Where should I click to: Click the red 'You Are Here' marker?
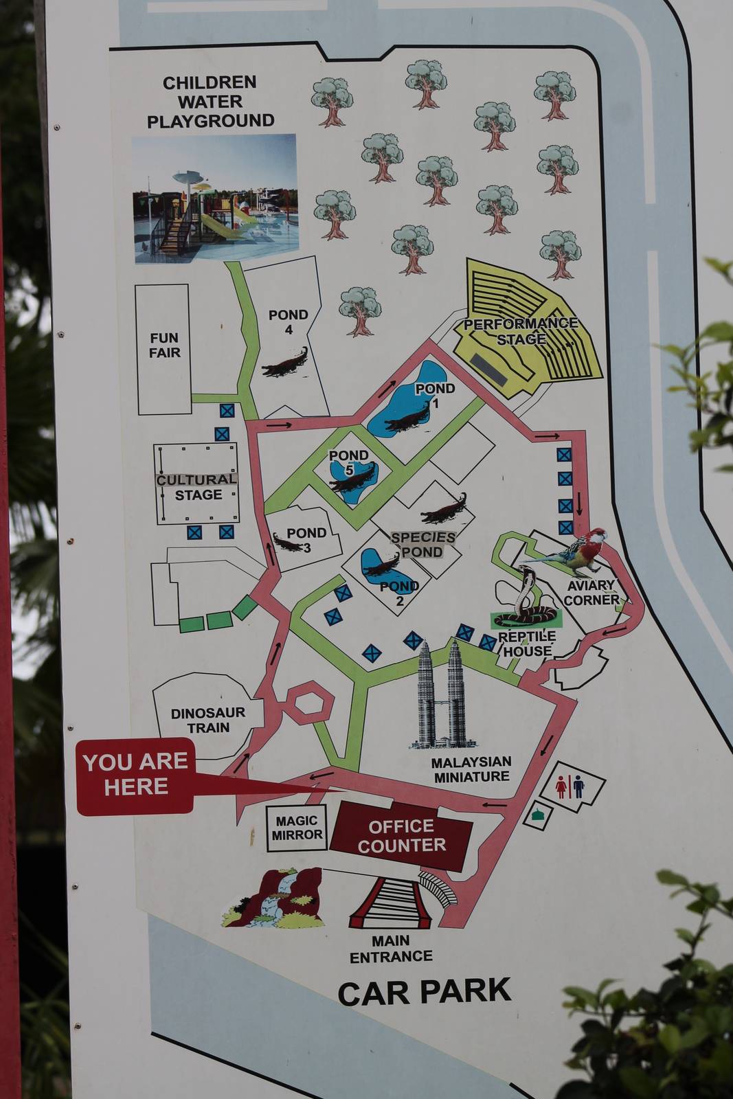pos(135,775)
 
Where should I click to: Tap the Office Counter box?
pos(401,835)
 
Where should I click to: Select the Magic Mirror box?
pos(296,828)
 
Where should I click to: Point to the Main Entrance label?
pos(391,949)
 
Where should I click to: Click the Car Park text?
pos(424,992)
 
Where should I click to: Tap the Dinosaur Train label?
pos(207,720)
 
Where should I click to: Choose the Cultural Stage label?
pos(197,487)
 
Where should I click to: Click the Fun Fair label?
pos(165,345)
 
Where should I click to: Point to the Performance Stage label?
pos(521,331)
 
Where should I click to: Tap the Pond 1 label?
pos(435,394)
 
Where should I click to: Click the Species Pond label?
pos(423,545)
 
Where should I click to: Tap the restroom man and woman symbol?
pos(570,787)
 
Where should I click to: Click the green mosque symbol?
pos(537,815)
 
